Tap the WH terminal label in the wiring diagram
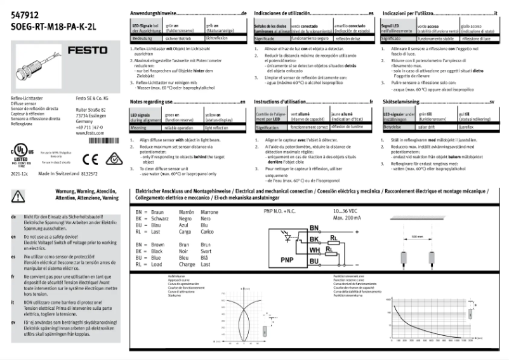coord(314,251)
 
